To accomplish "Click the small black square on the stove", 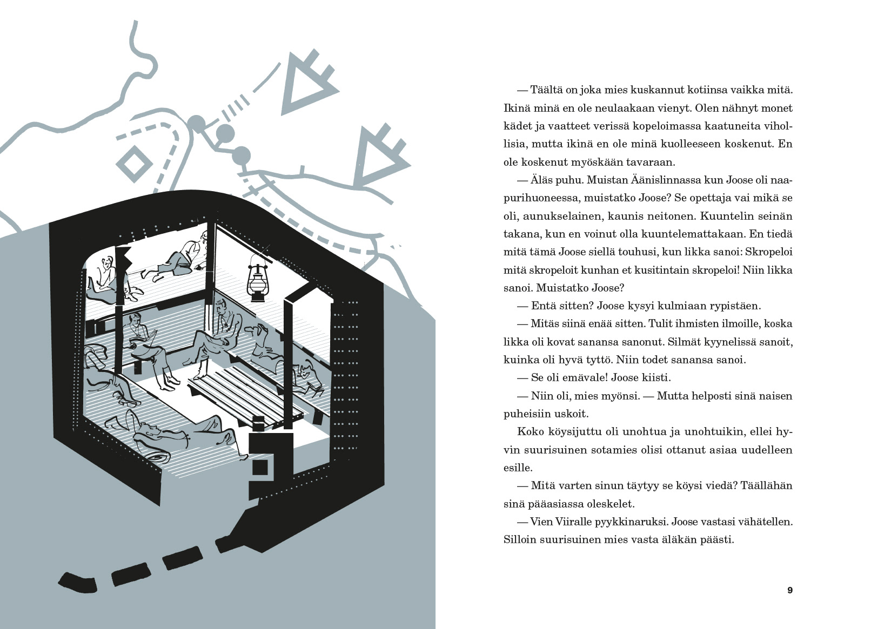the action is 260,468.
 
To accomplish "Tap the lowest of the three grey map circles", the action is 242,156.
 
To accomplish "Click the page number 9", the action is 790,590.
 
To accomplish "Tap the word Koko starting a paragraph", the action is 531,431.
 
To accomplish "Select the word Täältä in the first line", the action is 547,90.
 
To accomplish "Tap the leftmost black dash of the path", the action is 78,583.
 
